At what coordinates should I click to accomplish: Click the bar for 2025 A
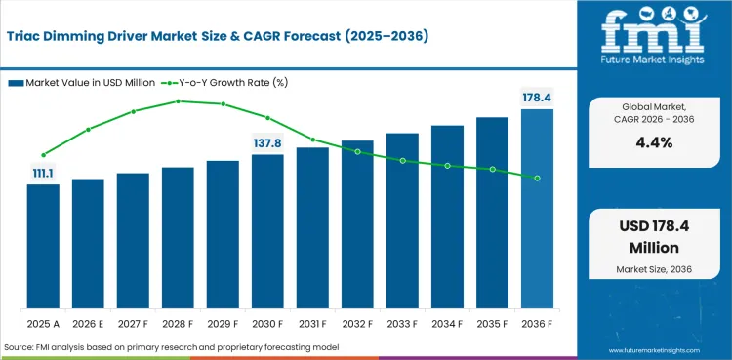tap(43, 246)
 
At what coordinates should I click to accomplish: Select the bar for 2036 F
tap(537, 209)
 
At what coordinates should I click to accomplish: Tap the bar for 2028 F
tap(178, 238)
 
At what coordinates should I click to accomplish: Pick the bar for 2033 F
tap(402, 220)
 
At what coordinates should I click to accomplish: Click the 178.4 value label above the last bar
tap(538, 99)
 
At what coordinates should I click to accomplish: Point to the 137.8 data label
tap(267, 143)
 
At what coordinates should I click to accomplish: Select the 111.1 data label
tap(43, 174)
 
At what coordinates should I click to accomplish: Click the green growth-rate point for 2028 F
tap(178, 101)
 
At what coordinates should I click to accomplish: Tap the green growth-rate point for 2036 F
tap(538, 179)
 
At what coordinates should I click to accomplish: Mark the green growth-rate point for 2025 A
tap(43, 155)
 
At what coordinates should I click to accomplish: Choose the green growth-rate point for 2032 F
tap(357, 152)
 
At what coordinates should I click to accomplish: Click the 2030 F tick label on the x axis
tap(267, 324)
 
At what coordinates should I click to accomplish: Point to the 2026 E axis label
tap(88, 324)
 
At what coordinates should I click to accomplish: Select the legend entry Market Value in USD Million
tap(82, 83)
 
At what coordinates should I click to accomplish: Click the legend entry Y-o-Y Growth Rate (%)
tap(224, 83)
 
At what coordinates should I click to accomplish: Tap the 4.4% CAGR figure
tap(654, 142)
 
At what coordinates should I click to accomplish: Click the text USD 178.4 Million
tap(654, 237)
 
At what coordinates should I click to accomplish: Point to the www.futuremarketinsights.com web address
tap(655, 350)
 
